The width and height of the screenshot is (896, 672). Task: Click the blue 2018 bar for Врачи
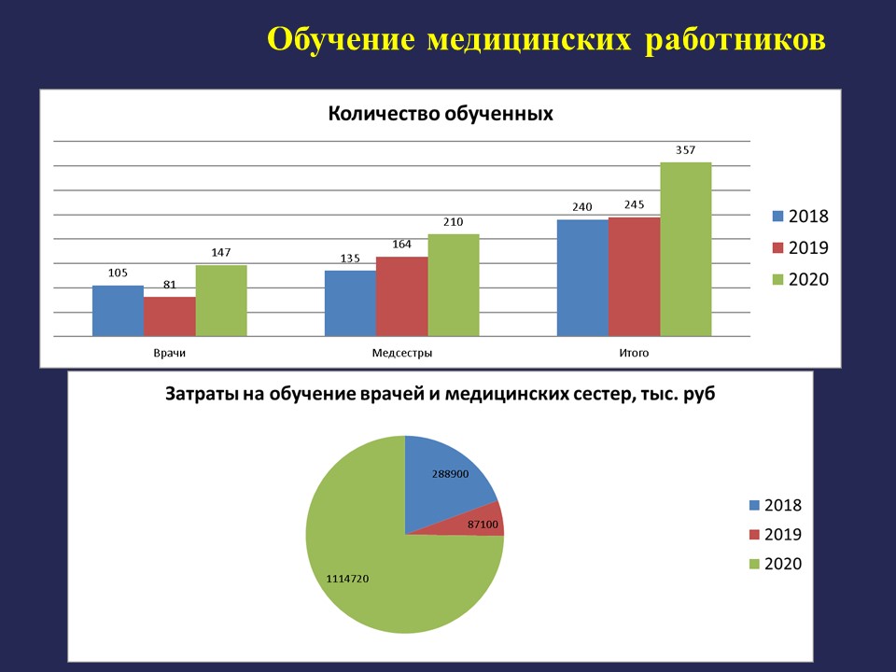point(118,311)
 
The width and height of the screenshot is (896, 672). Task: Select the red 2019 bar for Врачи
point(170,316)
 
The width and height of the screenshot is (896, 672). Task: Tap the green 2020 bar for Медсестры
point(454,286)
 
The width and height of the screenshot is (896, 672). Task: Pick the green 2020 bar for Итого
point(686,250)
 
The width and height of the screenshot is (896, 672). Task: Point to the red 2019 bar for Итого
point(635,277)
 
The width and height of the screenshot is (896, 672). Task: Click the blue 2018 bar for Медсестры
point(350,303)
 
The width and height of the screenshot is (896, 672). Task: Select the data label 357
point(686,150)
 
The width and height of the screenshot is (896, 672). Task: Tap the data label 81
point(170,285)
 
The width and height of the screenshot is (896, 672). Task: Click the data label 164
point(401,245)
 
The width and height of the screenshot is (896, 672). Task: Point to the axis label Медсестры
point(401,353)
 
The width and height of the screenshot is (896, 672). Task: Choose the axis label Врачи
point(169,353)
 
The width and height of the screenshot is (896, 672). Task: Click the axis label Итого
point(634,353)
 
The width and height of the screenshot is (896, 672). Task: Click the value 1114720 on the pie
point(347,579)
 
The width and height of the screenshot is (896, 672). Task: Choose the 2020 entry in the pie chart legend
point(776,564)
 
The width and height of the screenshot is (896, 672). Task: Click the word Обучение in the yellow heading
point(342,40)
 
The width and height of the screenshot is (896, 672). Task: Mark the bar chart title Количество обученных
point(441,114)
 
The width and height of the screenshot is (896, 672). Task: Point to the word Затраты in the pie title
point(200,394)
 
